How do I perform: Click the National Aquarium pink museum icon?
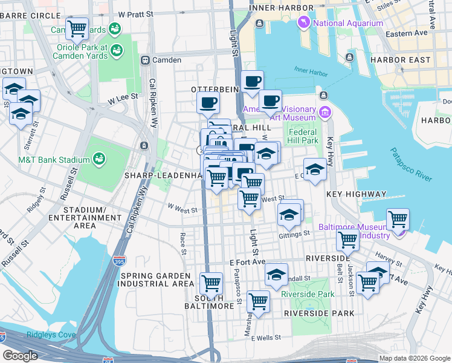[x=303, y=24]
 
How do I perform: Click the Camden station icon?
[x=145, y=60]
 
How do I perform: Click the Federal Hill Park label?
[x=303, y=136]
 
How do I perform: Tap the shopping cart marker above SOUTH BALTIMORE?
[x=211, y=282]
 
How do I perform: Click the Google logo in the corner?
[x=20, y=355]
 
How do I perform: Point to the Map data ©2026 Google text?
[x=414, y=358]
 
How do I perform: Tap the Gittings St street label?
[x=294, y=234]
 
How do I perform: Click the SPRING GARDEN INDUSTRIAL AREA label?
[x=157, y=280]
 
